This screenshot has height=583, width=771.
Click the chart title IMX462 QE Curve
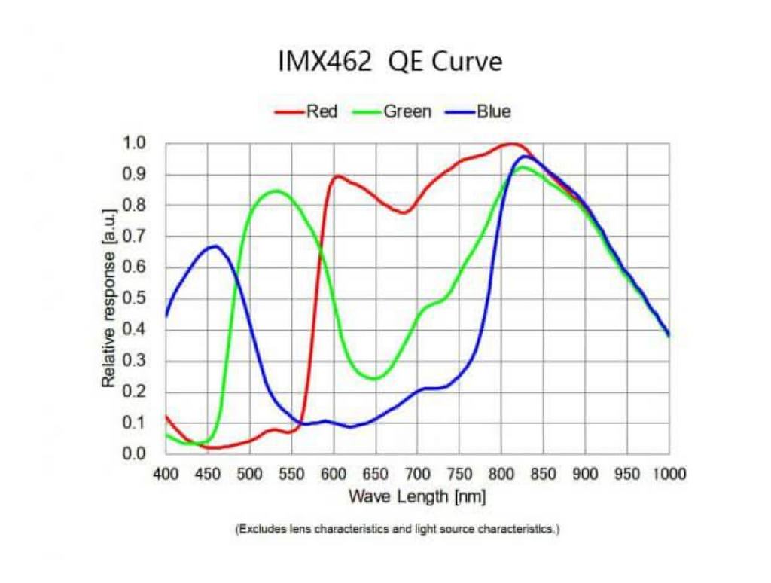click(389, 62)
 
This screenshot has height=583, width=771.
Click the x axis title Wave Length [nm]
click(416, 496)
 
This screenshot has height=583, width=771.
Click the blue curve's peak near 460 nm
click(215, 246)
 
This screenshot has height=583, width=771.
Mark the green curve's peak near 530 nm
click(276, 191)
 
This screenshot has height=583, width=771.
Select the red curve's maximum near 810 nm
click(511, 143)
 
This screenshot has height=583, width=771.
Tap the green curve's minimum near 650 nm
click(375, 378)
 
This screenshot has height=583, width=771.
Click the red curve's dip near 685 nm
click(404, 212)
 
